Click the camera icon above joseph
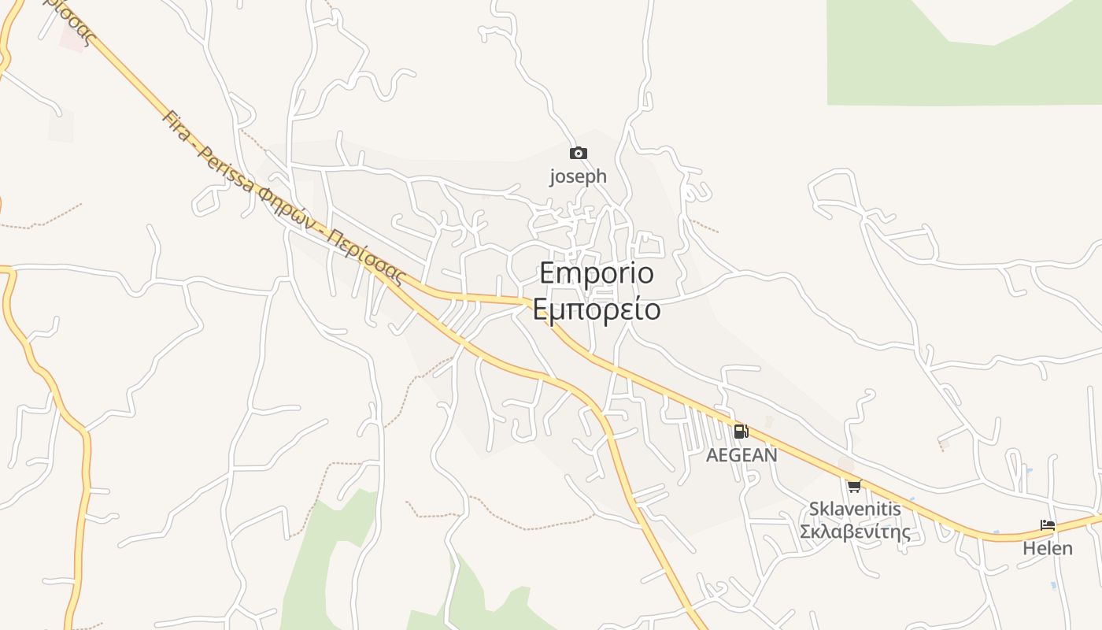[579, 153]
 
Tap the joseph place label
[579, 176]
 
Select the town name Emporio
[597, 273]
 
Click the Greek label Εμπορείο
[597, 309]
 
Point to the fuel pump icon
[741, 432]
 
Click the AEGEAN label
[741, 455]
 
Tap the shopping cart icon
[855, 486]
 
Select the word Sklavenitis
[855, 509]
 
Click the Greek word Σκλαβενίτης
[855, 532]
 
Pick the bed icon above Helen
[1048, 525]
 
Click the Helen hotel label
[1048, 548]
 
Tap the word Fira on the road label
[176, 126]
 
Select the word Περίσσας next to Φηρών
[365, 258]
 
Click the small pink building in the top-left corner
[73, 38]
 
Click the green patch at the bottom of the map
[331, 551]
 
